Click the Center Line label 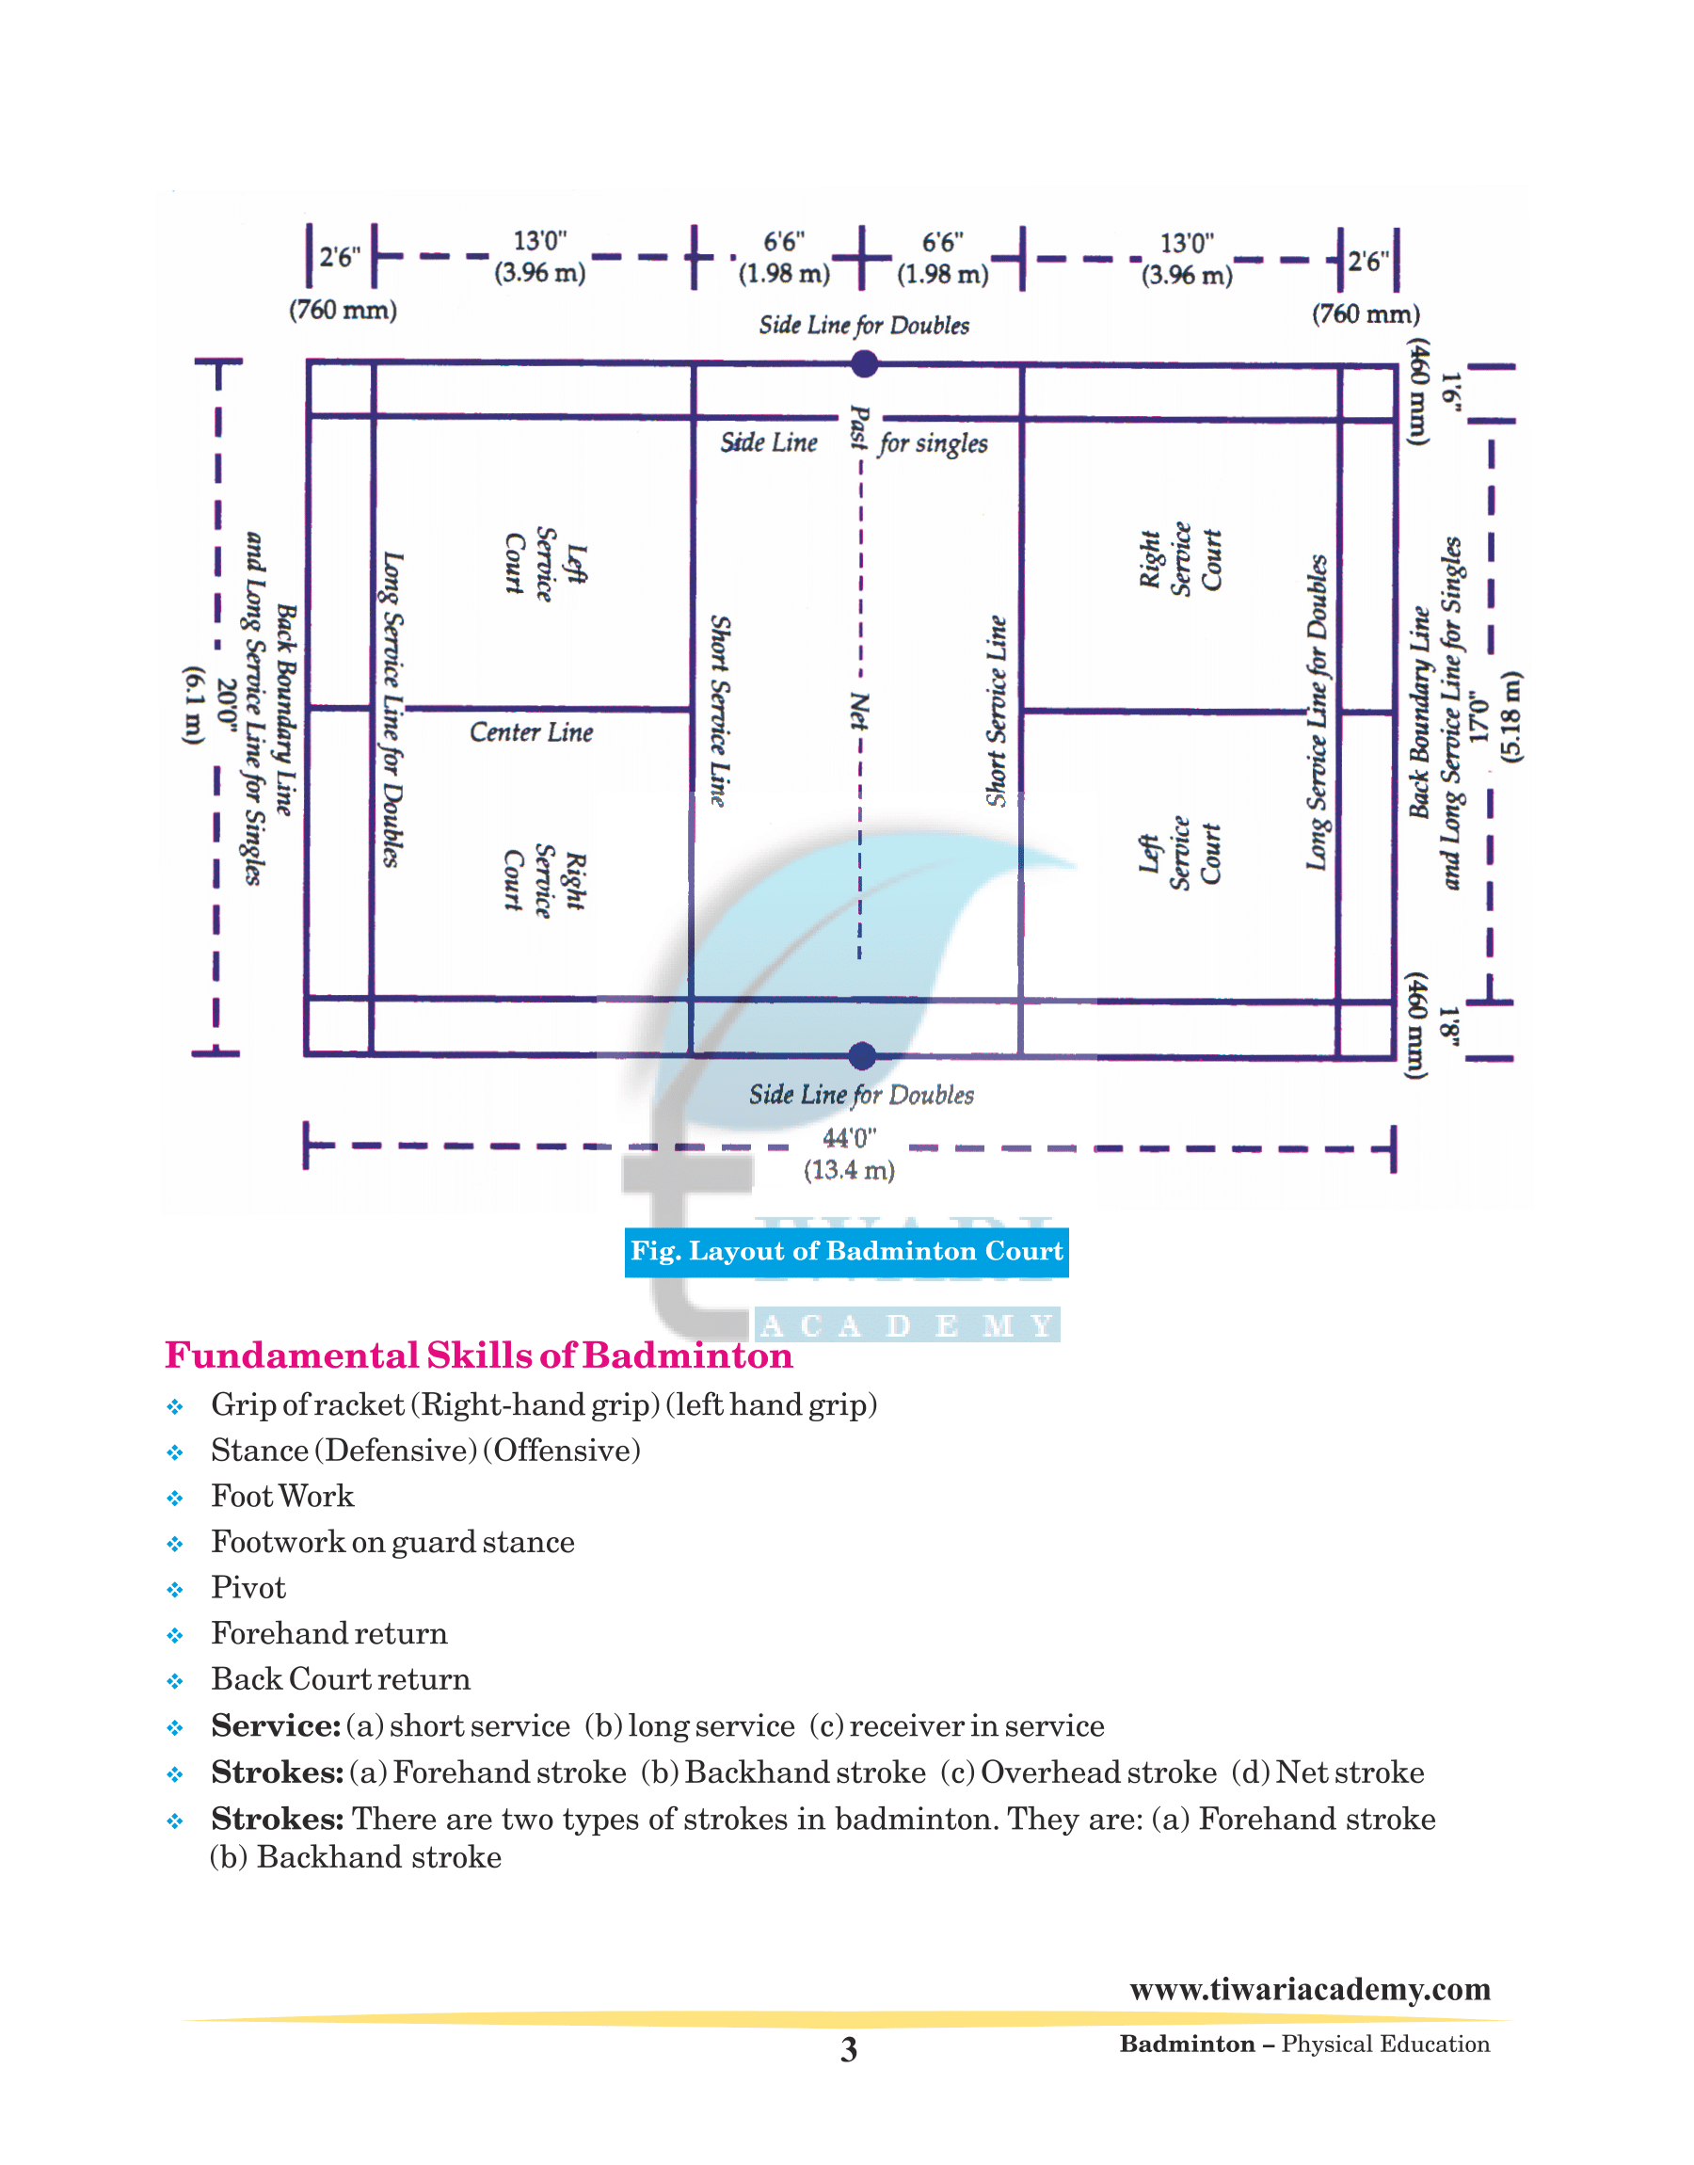[532, 732]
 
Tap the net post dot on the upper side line [865, 364]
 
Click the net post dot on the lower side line [863, 1056]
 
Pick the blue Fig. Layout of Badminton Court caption [847, 1252]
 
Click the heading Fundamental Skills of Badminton [479, 1355]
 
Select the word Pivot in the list [248, 1588]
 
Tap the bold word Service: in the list [276, 1725]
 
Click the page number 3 [849, 2049]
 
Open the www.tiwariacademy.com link [1310, 1990]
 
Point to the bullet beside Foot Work [176, 1499]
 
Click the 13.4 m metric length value [849, 1170]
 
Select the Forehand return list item [329, 1633]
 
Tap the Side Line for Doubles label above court [864, 326]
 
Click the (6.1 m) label [195, 705]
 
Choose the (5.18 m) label [1510, 717]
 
